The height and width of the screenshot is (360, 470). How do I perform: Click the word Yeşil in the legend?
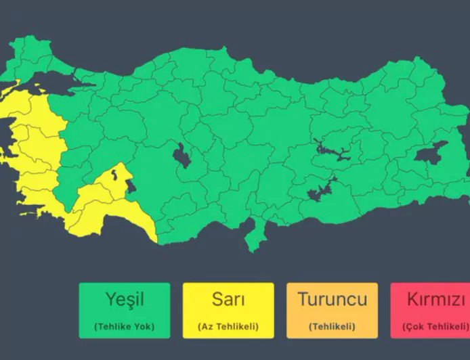(125, 299)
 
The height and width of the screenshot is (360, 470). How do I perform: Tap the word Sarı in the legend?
(228, 299)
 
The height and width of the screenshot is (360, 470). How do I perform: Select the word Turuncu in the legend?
(332, 299)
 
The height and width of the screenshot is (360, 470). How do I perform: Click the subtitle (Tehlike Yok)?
(125, 326)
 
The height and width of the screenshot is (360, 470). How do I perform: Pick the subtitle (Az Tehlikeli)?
(228, 326)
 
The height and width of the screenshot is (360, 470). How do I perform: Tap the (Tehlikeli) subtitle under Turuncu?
(332, 326)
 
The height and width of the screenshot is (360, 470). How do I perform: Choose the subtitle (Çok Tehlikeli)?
(434, 326)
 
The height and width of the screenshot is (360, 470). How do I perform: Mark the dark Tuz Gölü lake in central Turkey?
(181, 156)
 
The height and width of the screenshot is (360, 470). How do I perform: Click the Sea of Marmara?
(74, 82)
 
